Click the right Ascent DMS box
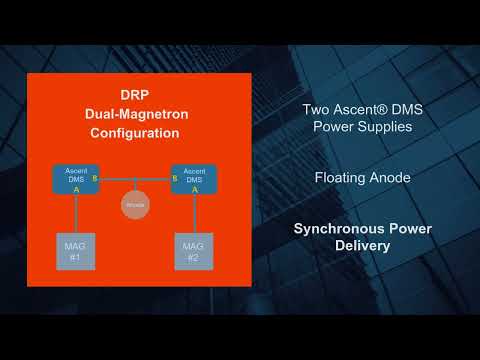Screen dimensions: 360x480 [194, 179]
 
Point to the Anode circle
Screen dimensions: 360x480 [134, 207]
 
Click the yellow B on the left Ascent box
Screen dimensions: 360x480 [93, 180]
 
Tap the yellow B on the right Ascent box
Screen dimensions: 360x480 [175, 180]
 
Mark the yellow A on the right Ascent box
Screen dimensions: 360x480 [194, 189]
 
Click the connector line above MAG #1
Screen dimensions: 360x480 [73, 213]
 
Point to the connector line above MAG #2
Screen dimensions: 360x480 [194, 213]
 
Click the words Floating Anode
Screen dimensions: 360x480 [361, 178]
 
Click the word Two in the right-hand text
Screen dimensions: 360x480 [317, 110]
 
